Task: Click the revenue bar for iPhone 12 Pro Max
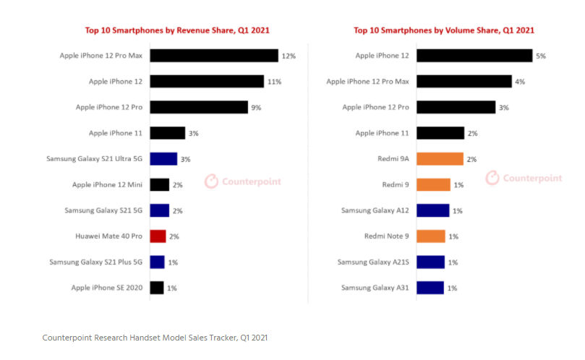(x=213, y=56)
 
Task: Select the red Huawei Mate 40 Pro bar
(x=158, y=236)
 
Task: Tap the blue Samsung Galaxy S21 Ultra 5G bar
(x=163, y=159)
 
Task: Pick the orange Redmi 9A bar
(x=440, y=159)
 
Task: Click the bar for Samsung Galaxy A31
(x=430, y=288)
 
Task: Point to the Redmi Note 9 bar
(x=431, y=236)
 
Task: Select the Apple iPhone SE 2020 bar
(x=156, y=288)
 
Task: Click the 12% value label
(x=289, y=56)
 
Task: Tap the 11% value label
(x=274, y=82)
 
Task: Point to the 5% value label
(x=540, y=56)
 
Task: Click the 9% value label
(x=255, y=107)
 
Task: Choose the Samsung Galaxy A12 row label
(x=376, y=210)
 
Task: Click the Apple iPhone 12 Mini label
(x=107, y=185)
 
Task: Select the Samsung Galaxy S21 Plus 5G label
(x=95, y=262)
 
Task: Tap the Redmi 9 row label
(x=395, y=185)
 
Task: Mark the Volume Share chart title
(x=444, y=30)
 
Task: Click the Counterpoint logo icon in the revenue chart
(x=211, y=181)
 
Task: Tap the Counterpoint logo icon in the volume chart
(x=492, y=178)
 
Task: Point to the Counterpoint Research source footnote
(x=155, y=338)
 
